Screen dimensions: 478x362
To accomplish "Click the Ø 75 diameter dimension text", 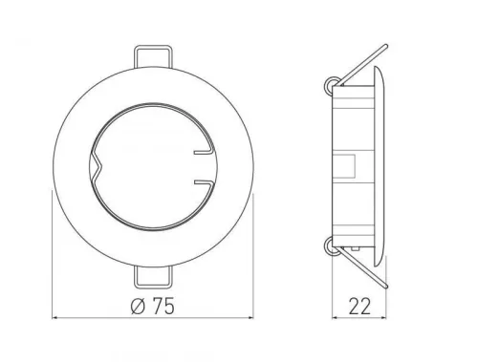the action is pos(153,306).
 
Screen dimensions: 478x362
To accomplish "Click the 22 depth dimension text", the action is pos(359,307).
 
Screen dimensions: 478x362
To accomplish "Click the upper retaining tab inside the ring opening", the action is pos(204,152).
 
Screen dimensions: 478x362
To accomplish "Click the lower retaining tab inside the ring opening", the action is pos(204,181).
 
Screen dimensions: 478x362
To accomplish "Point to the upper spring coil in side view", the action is pos(330,85).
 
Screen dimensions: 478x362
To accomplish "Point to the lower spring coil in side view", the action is pos(330,246).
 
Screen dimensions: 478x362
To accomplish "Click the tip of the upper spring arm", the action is pos(386,46).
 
